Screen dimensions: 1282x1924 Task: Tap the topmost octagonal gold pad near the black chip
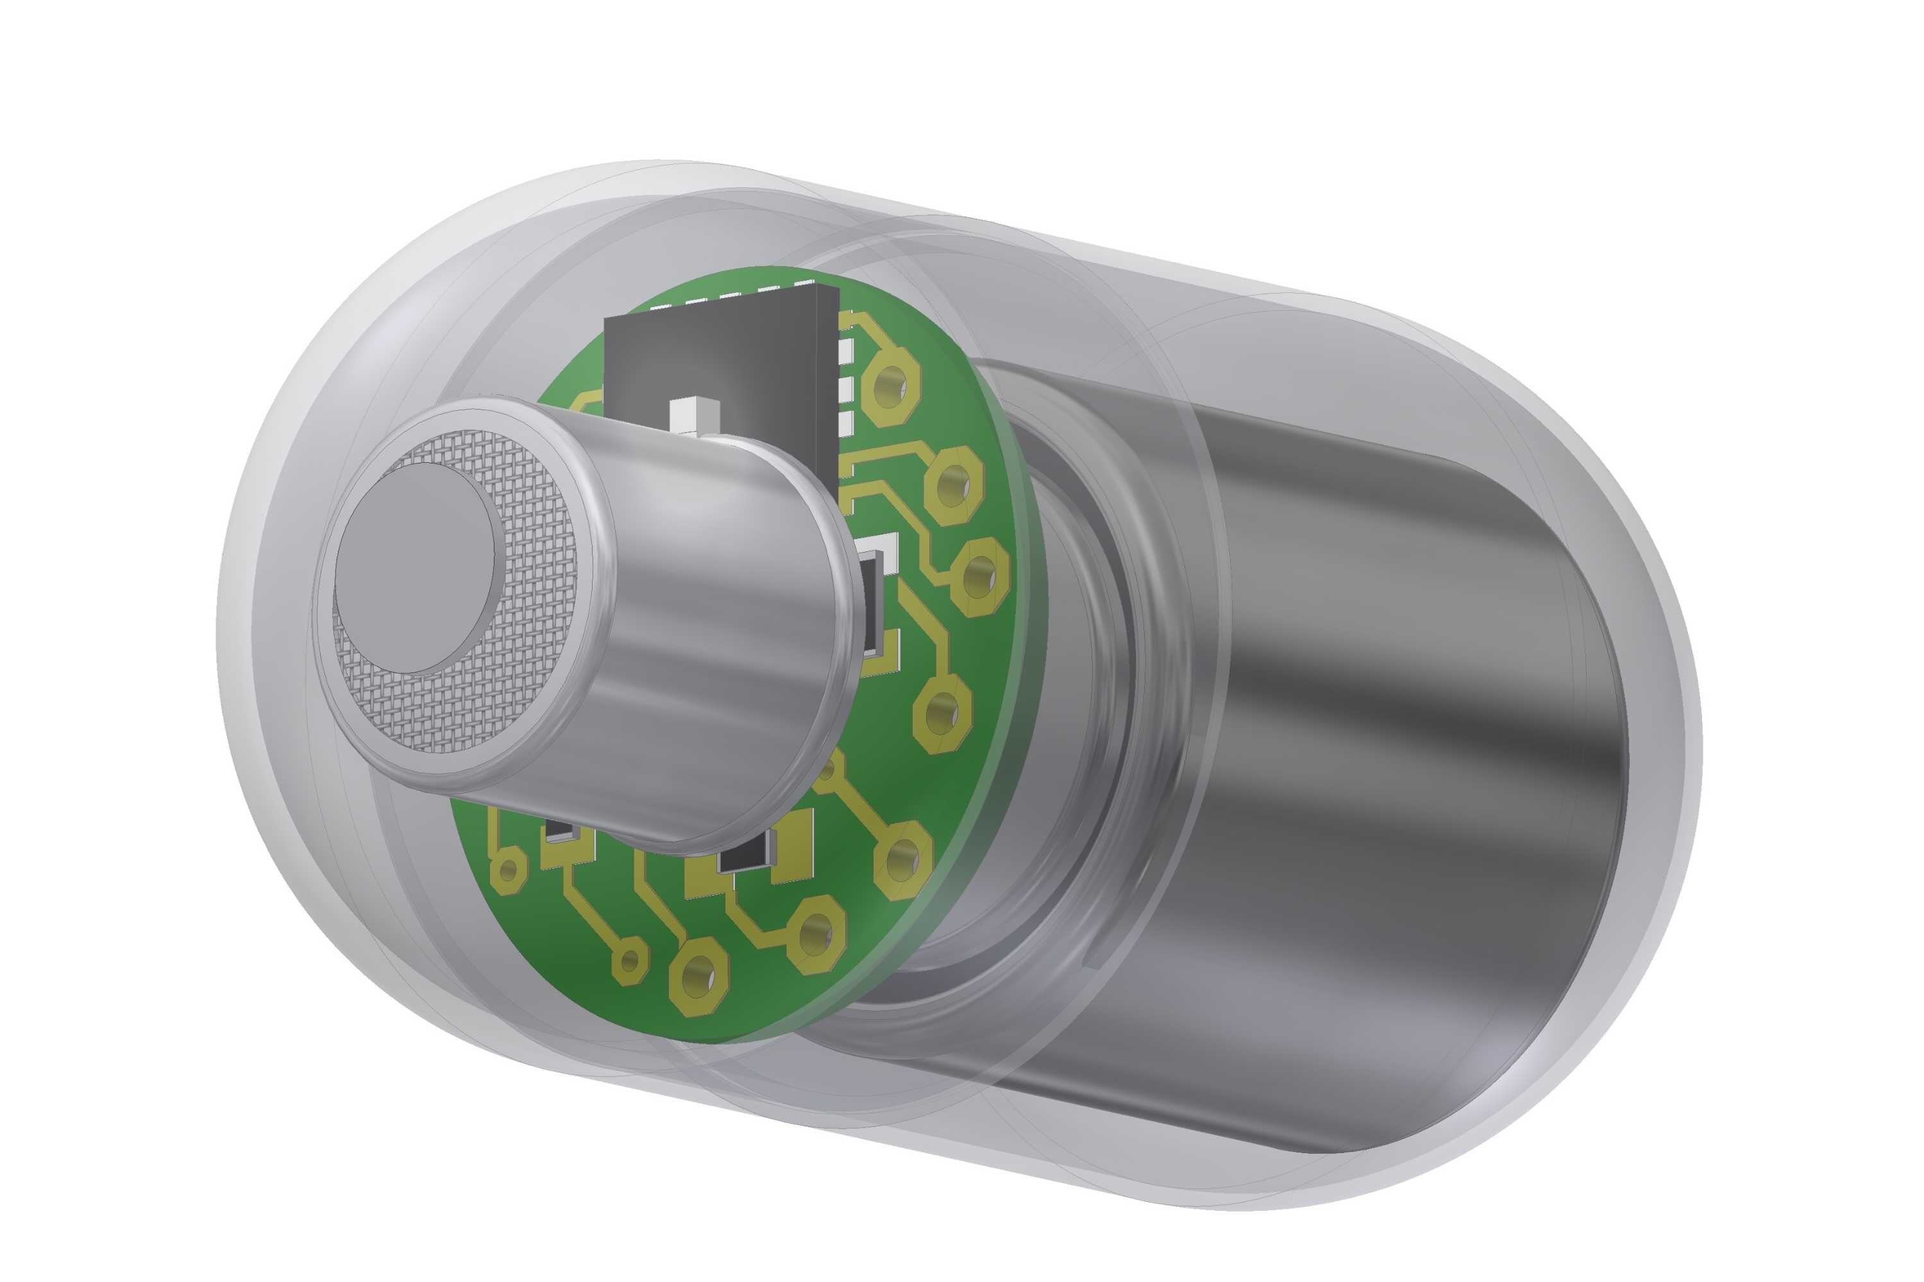tap(893, 383)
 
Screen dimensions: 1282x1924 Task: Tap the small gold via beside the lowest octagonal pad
tap(629, 961)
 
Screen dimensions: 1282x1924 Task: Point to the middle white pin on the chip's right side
tap(847, 383)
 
